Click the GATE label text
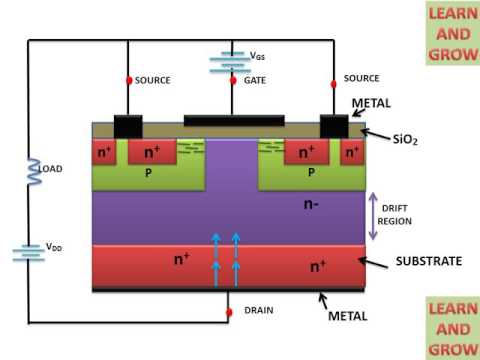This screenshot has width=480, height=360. click(x=255, y=80)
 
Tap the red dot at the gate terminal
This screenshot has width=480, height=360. click(x=233, y=80)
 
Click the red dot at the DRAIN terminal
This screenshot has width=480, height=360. click(x=229, y=312)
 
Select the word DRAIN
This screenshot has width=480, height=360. click(x=259, y=310)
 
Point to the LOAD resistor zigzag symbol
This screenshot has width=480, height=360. click(x=34, y=171)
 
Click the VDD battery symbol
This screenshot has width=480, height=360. click(x=28, y=253)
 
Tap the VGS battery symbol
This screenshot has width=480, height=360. click(x=230, y=62)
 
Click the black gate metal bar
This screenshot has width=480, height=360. click(x=234, y=120)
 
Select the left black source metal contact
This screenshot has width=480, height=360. click(x=128, y=126)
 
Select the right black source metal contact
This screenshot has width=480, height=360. click(x=334, y=126)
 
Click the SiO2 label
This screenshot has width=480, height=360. click(x=405, y=139)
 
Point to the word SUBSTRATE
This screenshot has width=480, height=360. click(x=429, y=261)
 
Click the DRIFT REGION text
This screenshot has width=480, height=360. click(x=395, y=215)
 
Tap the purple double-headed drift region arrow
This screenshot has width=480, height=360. click(x=373, y=216)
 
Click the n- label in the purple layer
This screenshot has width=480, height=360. click(x=311, y=204)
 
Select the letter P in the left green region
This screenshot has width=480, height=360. click(x=148, y=173)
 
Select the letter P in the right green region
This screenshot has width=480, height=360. click(x=311, y=172)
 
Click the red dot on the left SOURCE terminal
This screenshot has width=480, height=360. click(x=129, y=80)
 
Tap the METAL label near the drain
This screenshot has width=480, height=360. click(x=348, y=316)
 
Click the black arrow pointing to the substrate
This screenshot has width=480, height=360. click(x=373, y=263)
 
